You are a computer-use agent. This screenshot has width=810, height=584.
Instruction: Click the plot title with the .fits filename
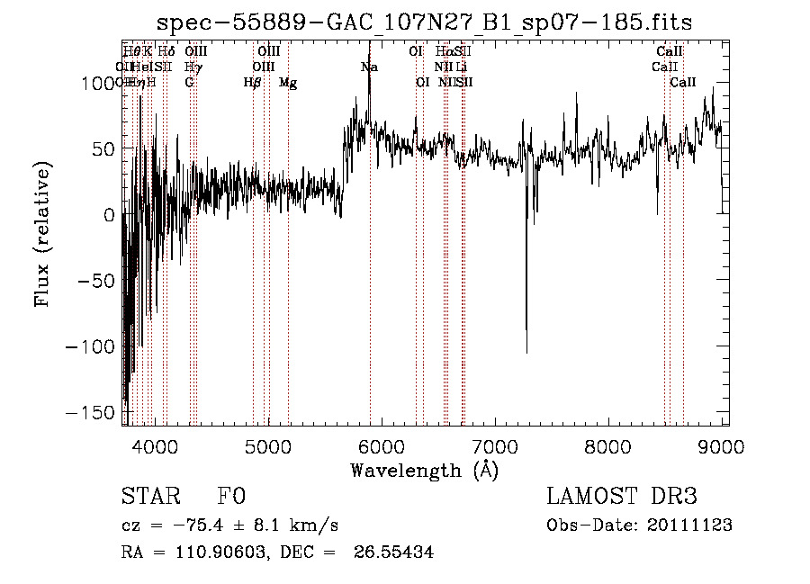point(424,22)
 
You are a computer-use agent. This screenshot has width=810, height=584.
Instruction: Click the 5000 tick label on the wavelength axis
point(268,445)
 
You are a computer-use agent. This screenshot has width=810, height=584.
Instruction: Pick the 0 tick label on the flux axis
point(110,215)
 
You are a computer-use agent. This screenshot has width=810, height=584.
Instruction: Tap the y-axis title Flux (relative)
point(43,233)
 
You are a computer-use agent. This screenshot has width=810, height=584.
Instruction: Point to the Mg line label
point(288,83)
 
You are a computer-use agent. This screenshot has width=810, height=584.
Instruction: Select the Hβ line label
point(252,83)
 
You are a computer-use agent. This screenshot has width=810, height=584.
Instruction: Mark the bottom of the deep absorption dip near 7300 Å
point(526,352)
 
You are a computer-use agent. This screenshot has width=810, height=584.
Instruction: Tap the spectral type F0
point(231,498)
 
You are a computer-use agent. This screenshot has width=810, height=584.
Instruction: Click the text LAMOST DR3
point(622,497)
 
